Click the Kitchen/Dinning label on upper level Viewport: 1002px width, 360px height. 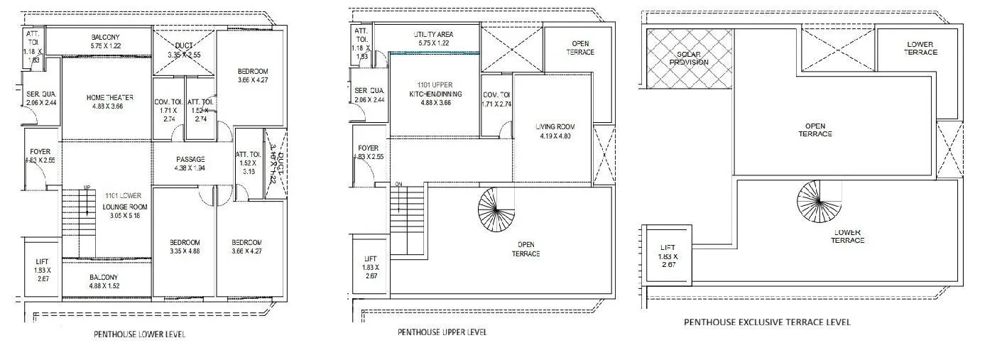coord(435,94)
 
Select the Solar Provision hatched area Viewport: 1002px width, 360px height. coord(688,58)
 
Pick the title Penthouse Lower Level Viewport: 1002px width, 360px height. coord(139,334)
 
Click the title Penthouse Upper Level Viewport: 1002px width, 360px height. coord(442,332)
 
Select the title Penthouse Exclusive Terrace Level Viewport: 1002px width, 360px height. coord(767,322)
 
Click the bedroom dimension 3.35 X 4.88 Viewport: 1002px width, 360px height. coord(185,251)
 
